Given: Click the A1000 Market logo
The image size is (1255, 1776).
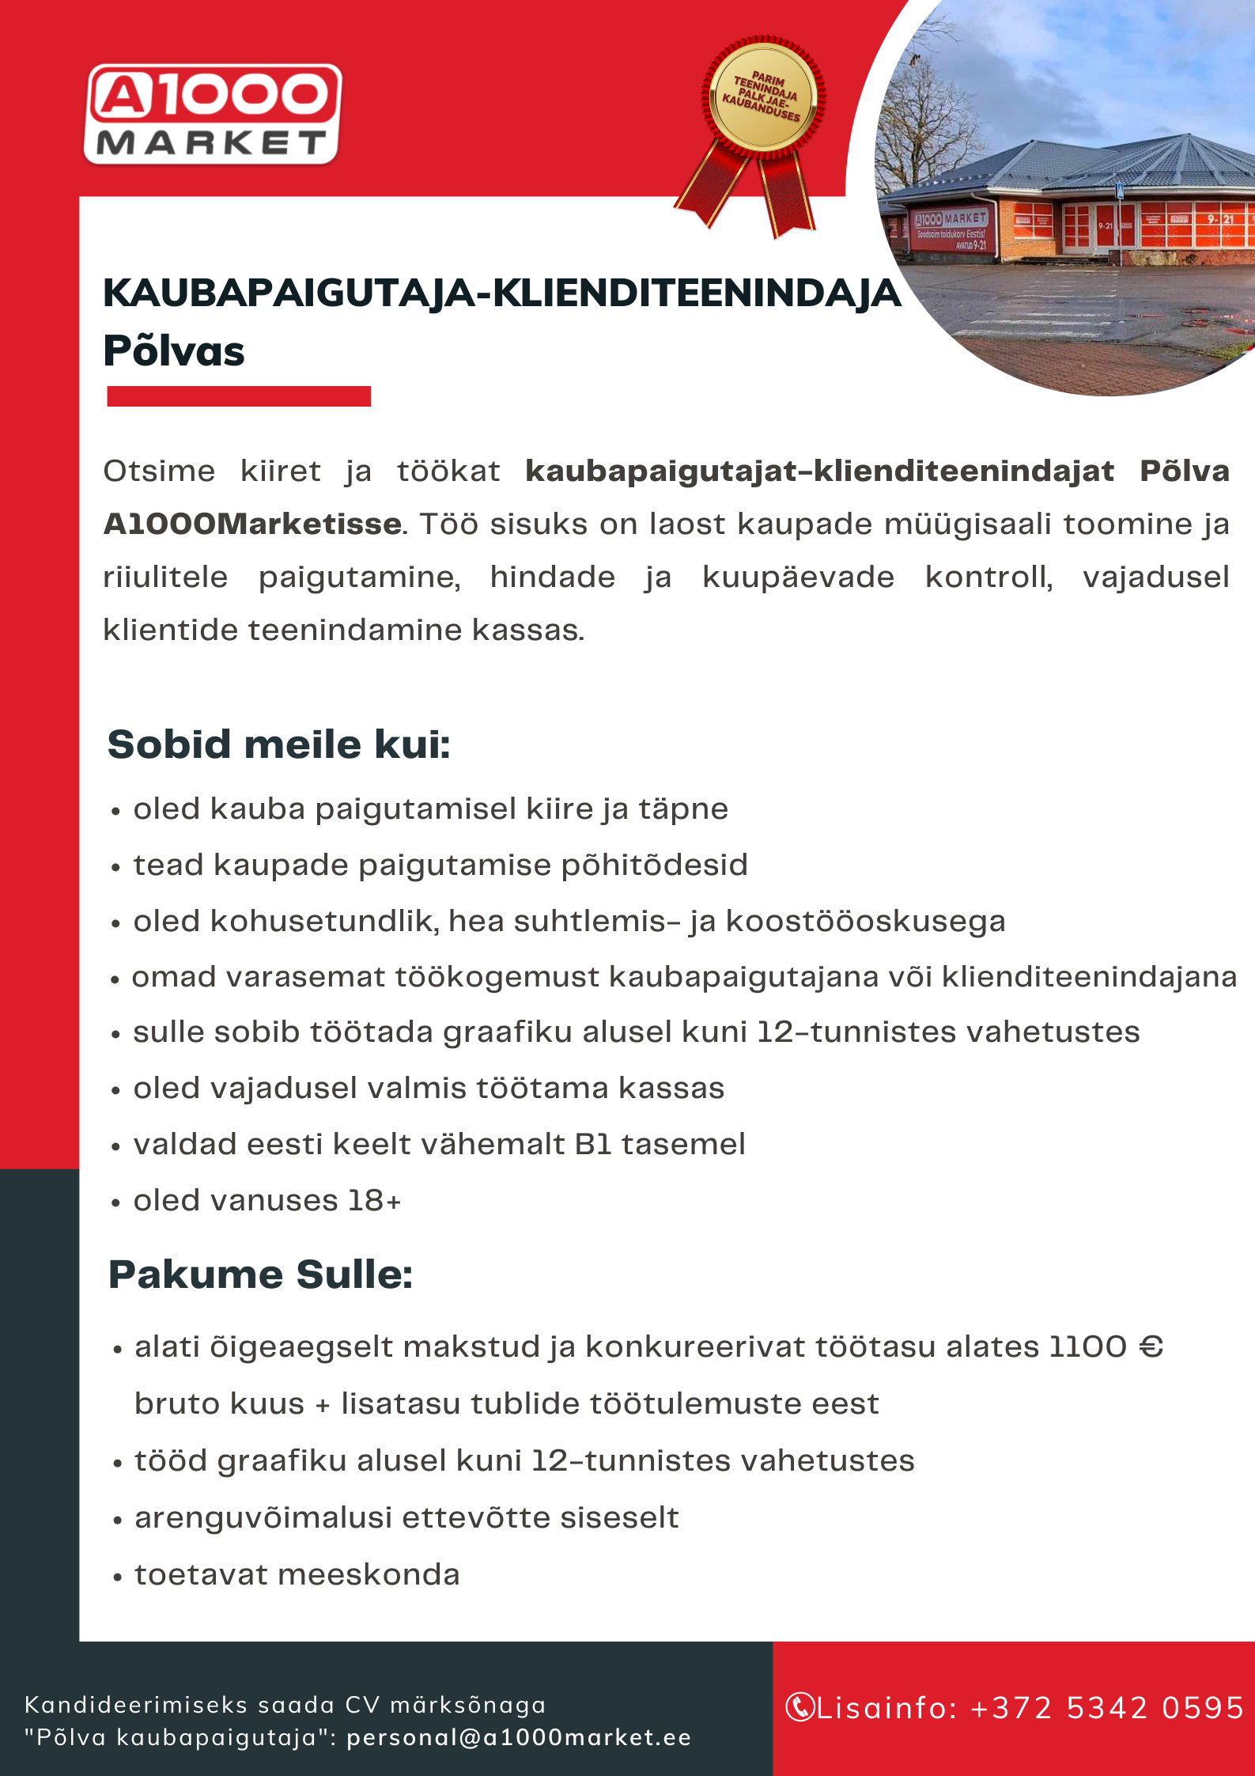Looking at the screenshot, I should click(x=213, y=115).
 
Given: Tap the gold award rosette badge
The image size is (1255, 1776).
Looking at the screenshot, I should click(x=762, y=99).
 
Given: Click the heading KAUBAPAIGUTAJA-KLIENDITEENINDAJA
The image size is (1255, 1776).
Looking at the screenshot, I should click(x=501, y=293).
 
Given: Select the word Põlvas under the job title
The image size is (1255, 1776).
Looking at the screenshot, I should click(x=174, y=351).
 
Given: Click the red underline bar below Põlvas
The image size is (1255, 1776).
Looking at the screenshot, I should click(x=238, y=396).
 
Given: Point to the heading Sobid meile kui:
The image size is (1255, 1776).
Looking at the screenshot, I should click(x=278, y=744).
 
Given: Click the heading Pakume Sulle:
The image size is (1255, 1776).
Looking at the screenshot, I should click(x=260, y=1274).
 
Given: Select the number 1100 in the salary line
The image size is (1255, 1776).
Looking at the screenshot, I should click(x=1087, y=1346).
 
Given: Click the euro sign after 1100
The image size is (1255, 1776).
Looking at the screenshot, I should click(x=1151, y=1346).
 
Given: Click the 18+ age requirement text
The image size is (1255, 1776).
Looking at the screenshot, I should click(x=374, y=1200).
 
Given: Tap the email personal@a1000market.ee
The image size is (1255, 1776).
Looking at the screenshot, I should click(x=519, y=1737).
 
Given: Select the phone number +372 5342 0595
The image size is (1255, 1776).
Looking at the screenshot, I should click(x=1107, y=1708).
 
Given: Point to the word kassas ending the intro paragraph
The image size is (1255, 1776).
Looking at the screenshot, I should click(x=527, y=630).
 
